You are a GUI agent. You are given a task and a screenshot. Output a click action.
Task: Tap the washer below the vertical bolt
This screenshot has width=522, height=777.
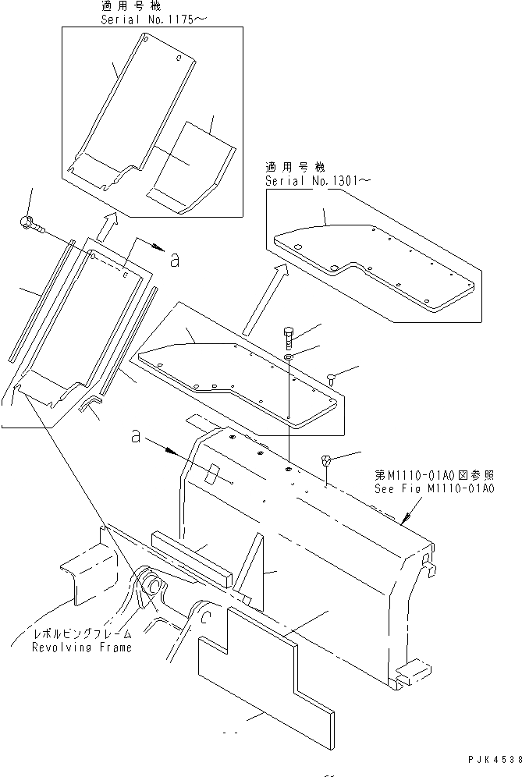point(289,357)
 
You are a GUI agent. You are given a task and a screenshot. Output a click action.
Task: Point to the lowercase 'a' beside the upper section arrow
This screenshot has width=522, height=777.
point(175,260)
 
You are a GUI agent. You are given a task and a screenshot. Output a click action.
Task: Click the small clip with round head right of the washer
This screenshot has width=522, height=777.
point(331,378)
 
